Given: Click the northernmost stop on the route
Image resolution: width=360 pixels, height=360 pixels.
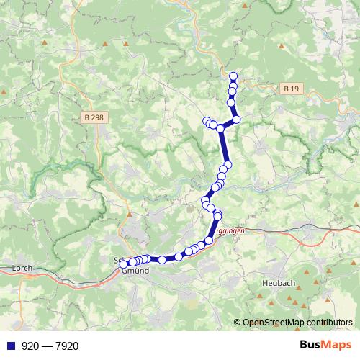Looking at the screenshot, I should point(233,76).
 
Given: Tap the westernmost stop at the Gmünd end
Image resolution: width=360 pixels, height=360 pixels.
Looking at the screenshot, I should point(124,264).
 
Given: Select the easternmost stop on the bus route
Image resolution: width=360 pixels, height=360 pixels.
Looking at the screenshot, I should point(236,119).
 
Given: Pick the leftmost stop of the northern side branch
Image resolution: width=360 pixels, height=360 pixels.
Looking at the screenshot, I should point(206,121).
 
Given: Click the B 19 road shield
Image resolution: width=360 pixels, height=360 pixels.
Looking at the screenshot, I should point(290,89).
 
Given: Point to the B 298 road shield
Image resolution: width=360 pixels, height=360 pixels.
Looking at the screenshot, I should point(91,117).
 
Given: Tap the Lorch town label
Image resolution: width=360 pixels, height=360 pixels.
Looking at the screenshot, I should point(23,268).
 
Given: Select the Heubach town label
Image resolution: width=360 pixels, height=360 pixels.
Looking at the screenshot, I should point(279,284).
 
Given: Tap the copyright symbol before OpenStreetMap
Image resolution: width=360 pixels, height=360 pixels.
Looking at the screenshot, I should point(238,323).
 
